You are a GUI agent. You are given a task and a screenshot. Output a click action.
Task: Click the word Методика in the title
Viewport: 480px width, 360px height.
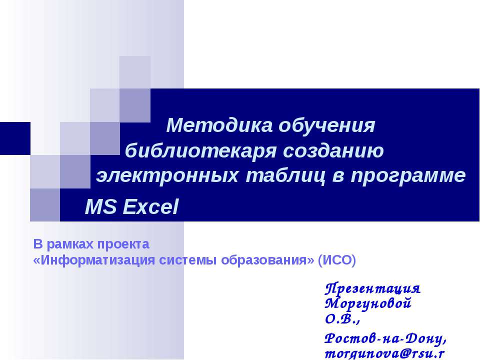[219, 125]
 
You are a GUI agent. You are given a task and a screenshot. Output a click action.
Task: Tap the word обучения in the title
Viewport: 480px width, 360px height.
[326, 126]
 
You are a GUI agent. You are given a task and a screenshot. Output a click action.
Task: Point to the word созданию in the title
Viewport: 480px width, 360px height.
[333, 151]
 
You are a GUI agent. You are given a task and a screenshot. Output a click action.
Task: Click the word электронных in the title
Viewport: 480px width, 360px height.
[167, 175]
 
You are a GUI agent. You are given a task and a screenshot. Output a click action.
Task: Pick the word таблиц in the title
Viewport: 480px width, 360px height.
[285, 176]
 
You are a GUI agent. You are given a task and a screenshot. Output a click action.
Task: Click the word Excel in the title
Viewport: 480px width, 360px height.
[150, 206]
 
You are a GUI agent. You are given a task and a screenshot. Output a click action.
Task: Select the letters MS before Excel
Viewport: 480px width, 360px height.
[100, 206]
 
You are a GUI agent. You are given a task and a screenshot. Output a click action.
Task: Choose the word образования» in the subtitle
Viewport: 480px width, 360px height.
[267, 260]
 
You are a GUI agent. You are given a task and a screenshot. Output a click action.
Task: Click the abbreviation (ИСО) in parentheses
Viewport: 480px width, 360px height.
[336, 260]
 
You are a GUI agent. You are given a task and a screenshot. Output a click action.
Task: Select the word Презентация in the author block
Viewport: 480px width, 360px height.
[372, 288]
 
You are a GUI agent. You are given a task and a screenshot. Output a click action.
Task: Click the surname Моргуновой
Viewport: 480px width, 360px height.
[367, 303]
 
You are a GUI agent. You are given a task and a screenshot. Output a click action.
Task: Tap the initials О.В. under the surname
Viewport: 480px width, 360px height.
[341, 319]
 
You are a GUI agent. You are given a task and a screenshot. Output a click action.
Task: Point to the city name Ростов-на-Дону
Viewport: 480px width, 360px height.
[385, 338]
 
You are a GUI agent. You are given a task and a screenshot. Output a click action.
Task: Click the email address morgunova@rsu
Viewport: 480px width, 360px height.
[384, 354]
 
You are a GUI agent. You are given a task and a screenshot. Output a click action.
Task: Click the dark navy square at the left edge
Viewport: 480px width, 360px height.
[15, 138]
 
